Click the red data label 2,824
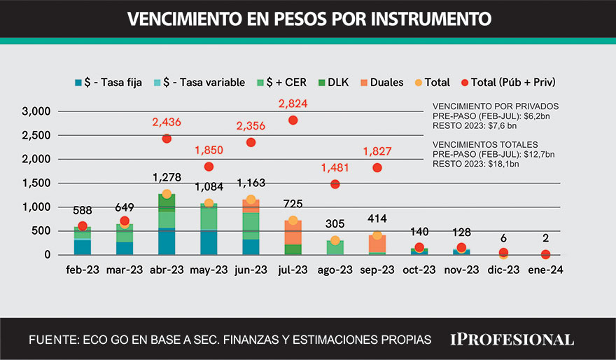click(x=293, y=104)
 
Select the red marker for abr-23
click(x=167, y=139)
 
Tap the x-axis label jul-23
click(x=293, y=270)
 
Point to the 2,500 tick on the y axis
click(x=36, y=135)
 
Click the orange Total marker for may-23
click(x=209, y=203)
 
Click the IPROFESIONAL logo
click(x=512, y=340)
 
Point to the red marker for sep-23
click(x=377, y=167)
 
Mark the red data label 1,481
click(x=335, y=168)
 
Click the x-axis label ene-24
click(x=545, y=270)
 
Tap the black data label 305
click(x=335, y=225)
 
